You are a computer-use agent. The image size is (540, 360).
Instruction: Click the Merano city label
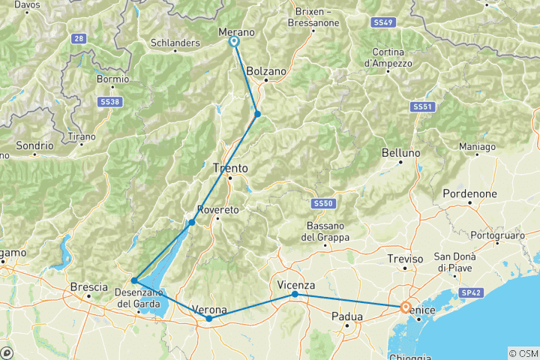coord(236,32)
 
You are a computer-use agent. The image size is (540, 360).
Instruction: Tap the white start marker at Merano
coord(234,42)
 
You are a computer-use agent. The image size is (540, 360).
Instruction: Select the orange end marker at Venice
coord(406,307)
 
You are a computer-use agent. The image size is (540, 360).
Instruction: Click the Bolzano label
coord(266,71)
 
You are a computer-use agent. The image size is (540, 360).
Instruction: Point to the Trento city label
coord(230,168)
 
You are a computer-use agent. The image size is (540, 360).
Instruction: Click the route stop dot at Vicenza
coord(295,294)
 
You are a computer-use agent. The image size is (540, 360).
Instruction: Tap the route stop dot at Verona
coord(209,319)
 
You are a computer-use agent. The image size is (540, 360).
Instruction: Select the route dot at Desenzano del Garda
coord(134,280)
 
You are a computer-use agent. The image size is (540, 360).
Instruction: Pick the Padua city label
coord(346,316)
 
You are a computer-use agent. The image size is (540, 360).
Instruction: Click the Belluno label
coord(400,153)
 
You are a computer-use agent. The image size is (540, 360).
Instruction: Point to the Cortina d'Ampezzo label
coord(388,58)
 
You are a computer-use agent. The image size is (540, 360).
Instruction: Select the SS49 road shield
coord(383,23)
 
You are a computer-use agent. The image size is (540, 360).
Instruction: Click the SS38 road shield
coord(109,100)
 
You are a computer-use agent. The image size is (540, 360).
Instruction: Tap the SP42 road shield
coord(471,292)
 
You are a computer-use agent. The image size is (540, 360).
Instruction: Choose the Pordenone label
coord(466,193)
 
